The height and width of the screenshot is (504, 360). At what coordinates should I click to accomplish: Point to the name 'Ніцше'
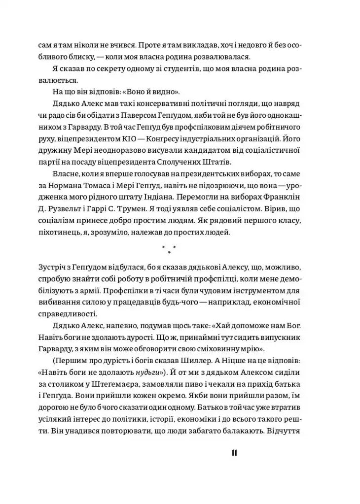click(x=245, y=360)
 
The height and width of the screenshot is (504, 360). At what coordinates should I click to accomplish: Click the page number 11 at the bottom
click(x=234, y=453)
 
